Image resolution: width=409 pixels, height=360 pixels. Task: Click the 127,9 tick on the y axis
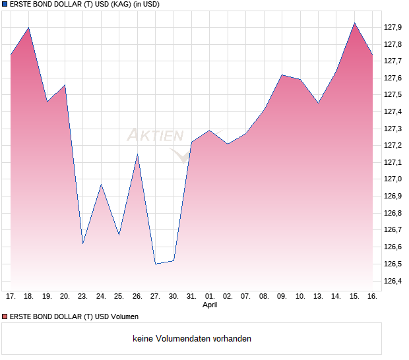tap(393, 27)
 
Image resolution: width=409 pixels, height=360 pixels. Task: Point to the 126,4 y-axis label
tap(393, 281)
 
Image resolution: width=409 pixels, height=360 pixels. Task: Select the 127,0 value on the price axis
tap(393, 179)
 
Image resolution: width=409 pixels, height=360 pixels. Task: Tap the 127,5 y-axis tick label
tap(393, 94)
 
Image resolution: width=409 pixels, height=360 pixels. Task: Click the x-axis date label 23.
tap(82, 297)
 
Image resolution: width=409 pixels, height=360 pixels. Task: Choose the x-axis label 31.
tap(191, 297)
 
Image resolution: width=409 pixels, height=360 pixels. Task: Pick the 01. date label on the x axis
tap(209, 297)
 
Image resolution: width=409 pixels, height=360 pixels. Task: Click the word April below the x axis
tap(209, 305)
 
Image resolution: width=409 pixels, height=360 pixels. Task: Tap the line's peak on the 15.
tap(354, 23)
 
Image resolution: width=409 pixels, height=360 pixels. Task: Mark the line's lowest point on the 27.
tap(155, 264)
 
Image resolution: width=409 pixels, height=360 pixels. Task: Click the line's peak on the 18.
tap(28, 28)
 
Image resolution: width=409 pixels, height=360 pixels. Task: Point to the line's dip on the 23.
tap(82, 243)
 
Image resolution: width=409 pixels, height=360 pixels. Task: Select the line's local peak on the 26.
tap(137, 154)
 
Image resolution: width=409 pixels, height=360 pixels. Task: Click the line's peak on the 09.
tap(282, 75)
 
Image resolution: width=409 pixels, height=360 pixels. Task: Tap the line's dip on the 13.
tap(318, 103)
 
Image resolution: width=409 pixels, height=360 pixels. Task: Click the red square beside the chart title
tap(4, 5)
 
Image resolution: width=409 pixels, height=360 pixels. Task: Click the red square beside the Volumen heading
tap(4, 317)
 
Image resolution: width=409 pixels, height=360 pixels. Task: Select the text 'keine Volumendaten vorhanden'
tap(192, 339)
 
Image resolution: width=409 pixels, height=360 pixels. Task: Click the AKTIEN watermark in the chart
tap(156, 136)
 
